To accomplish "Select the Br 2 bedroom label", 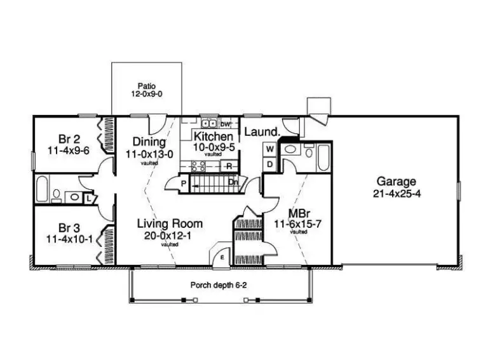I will (x=69, y=145).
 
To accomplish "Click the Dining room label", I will (x=149, y=147).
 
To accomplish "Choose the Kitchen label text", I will (x=212, y=141).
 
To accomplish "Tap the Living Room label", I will (x=170, y=229).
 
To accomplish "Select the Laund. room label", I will (x=262, y=132).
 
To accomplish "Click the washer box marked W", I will (x=269, y=149).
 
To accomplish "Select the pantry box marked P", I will (x=183, y=184).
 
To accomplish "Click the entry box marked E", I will (x=222, y=257).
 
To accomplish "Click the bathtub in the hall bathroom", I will (x=42, y=189).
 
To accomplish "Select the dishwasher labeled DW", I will (x=226, y=124).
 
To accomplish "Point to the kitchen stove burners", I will (x=198, y=166).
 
